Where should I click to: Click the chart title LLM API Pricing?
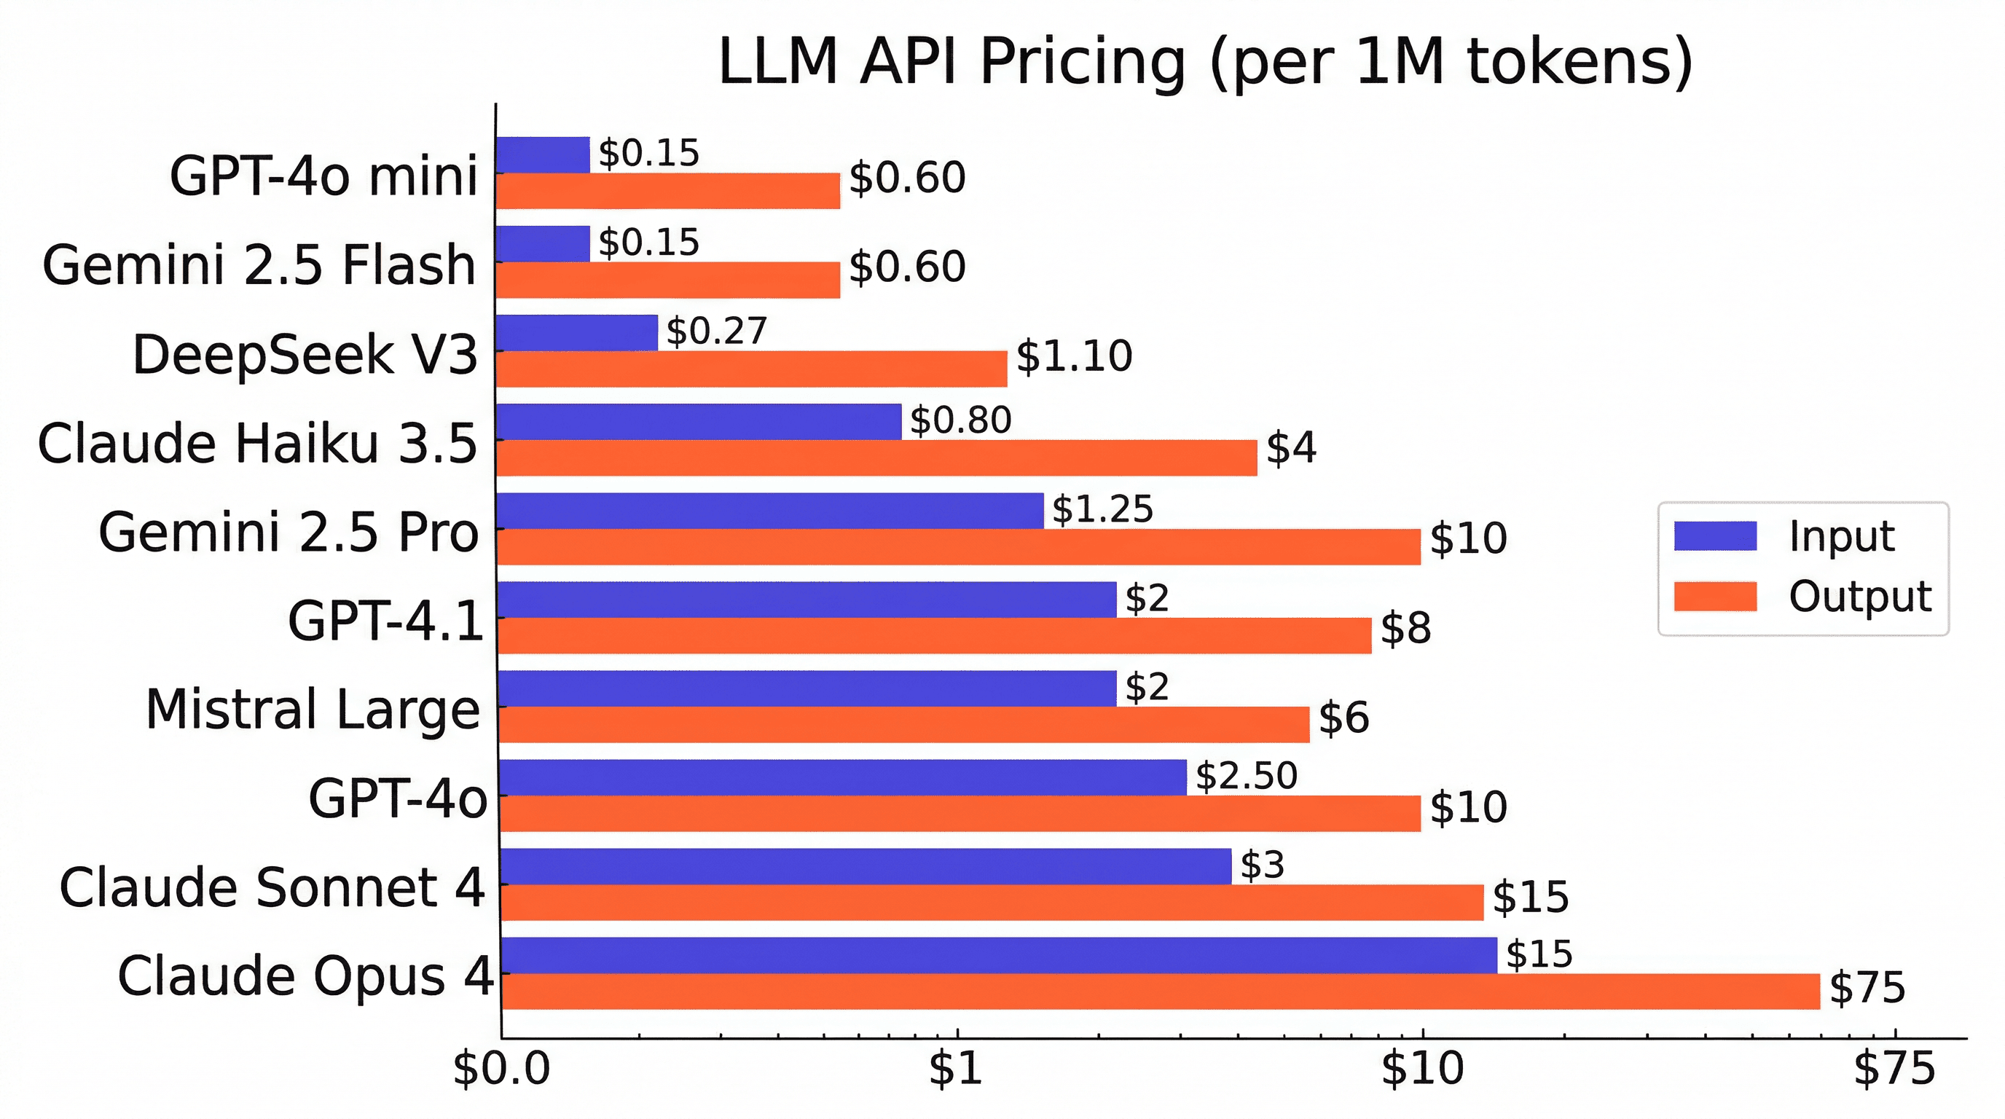coord(1205,62)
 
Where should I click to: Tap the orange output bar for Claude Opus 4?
coord(1160,992)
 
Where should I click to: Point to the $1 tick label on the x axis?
coord(956,1069)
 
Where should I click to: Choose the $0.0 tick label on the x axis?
coord(501,1069)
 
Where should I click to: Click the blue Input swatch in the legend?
coord(1715,536)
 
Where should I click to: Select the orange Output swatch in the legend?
coord(1715,597)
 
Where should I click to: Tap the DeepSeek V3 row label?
coord(305,355)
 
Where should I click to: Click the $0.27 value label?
coord(717,331)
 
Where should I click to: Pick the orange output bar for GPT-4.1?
coord(934,636)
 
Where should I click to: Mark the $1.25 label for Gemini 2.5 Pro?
coord(1102,509)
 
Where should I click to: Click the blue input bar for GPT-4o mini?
coord(543,154)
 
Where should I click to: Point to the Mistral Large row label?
coord(313,710)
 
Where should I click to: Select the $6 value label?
coord(1343,718)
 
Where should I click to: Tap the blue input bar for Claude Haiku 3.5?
coord(698,421)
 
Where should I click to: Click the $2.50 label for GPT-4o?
coord(1246,776)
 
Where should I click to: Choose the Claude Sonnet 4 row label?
coord(272,888)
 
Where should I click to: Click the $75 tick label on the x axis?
coord(1894,1069)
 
